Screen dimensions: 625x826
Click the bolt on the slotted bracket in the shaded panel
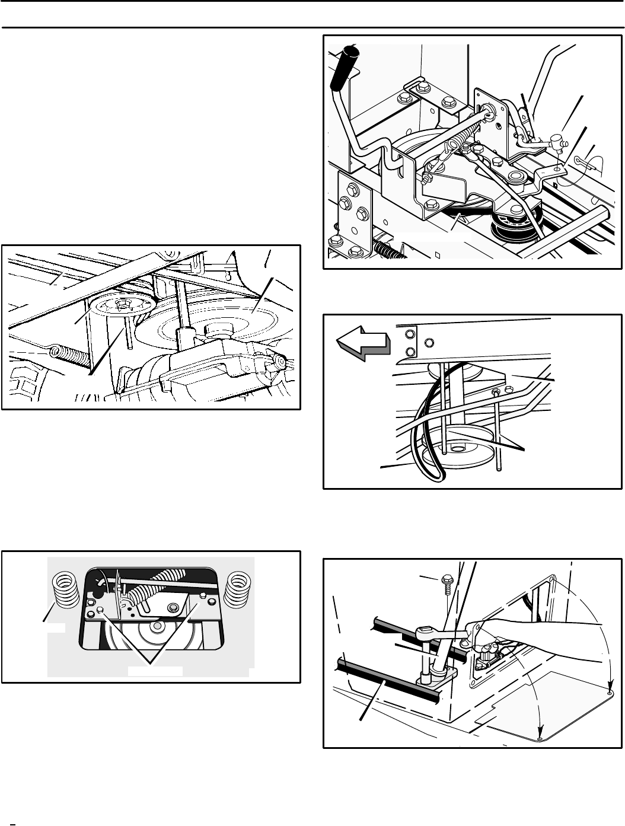pos(174,607)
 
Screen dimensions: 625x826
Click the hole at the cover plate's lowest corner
pos(540,739)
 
